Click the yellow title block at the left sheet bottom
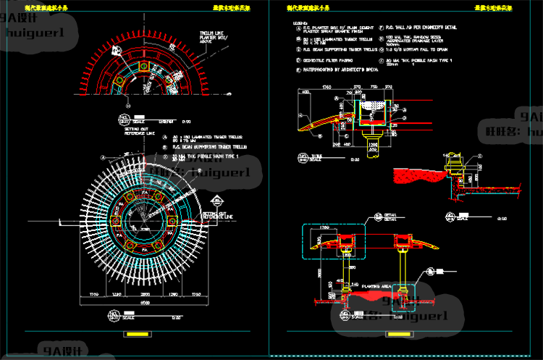(x=135, y=335)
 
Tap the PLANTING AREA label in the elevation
(x=377, y=286)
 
